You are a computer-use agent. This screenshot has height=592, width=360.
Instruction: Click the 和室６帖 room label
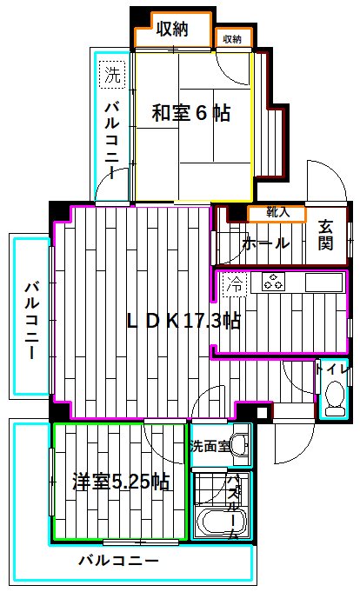pyautogui.click(x=191, y=113)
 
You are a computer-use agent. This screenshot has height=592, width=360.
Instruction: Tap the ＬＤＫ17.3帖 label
pyautogui.click(x=183, y=321)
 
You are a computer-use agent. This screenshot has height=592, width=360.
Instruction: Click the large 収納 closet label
pyautogui.click(x=172, y=30)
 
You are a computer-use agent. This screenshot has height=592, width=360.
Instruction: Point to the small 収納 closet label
pyautogui.click(x=231, y=38)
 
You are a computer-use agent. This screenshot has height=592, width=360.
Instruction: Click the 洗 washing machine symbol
pyautogui.click(x=112, y=76)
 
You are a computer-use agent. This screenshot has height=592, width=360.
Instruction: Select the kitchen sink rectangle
pyautogui.click(x=324, y=283)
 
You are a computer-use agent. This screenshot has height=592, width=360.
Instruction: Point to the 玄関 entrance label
pyautogui.click(x=325, y=233)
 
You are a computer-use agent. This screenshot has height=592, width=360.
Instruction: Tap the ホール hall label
pyautogui.click(x=266, y=243)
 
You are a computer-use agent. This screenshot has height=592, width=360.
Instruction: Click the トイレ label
pyautogui.click(x=334, y=369)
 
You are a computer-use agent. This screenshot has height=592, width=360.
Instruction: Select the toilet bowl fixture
pyautogui.click(x=333, y=401)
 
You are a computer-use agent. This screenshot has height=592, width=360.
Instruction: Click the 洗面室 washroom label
pyautogui.click(x=210, y=446)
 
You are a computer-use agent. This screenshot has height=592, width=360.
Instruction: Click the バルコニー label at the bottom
pyautogui.click(x=118, y=560)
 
